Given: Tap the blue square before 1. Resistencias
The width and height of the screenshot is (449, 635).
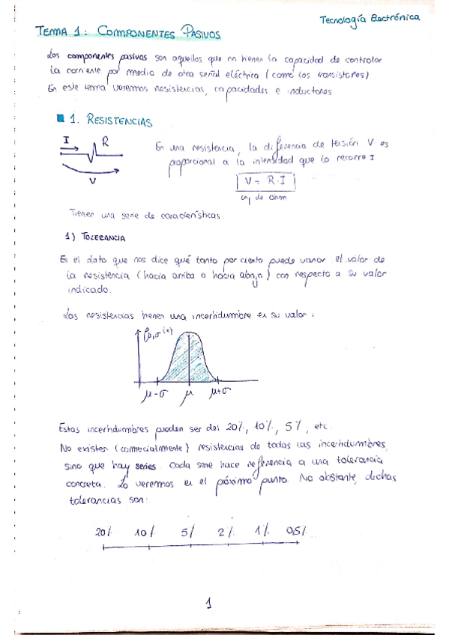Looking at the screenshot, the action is (x=61, y=118).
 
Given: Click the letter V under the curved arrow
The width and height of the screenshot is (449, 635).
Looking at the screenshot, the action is (x=92, y=180).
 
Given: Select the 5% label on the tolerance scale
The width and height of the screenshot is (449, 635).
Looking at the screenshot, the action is (x=187, y=532).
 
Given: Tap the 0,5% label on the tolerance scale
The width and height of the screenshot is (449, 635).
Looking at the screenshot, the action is (x=297, y=532).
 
